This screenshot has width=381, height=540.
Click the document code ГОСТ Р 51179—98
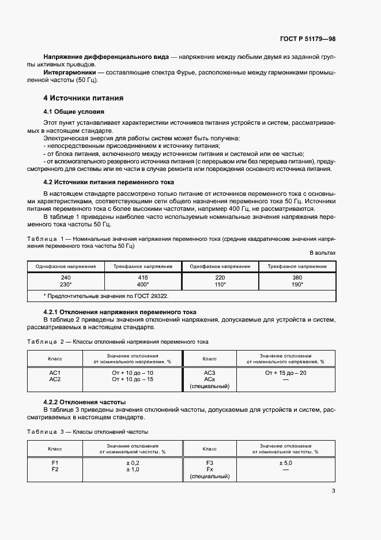click(x=307, y=39)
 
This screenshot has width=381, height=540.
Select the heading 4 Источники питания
click(x=84, y=98)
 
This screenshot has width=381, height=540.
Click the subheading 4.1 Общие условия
click(x=74, y=111)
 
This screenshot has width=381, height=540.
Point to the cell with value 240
click(x=66, y=277)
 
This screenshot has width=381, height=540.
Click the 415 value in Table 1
click(x=143, y=277)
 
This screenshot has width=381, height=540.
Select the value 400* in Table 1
click(x=143, y=285)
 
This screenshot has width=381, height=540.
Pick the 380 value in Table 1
click(x=297, y=277)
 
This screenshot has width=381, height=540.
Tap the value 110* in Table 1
click(x=220, y=285)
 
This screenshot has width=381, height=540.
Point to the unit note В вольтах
click(x=322, y=253)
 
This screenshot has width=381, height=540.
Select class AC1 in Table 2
click(x=55, y=373)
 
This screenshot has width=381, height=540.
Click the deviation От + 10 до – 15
click(x=133, y=379)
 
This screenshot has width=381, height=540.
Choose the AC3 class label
click(x=210, y=373)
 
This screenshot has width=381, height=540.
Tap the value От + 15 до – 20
click(x=286, y=373)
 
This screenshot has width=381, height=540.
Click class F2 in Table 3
click(x=55, y=470)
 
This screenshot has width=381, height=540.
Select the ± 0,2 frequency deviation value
click(x=133, y=463)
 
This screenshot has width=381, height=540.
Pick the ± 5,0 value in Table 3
click(x=286, y=463)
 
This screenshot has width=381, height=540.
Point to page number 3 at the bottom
click(x=333, y=491)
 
